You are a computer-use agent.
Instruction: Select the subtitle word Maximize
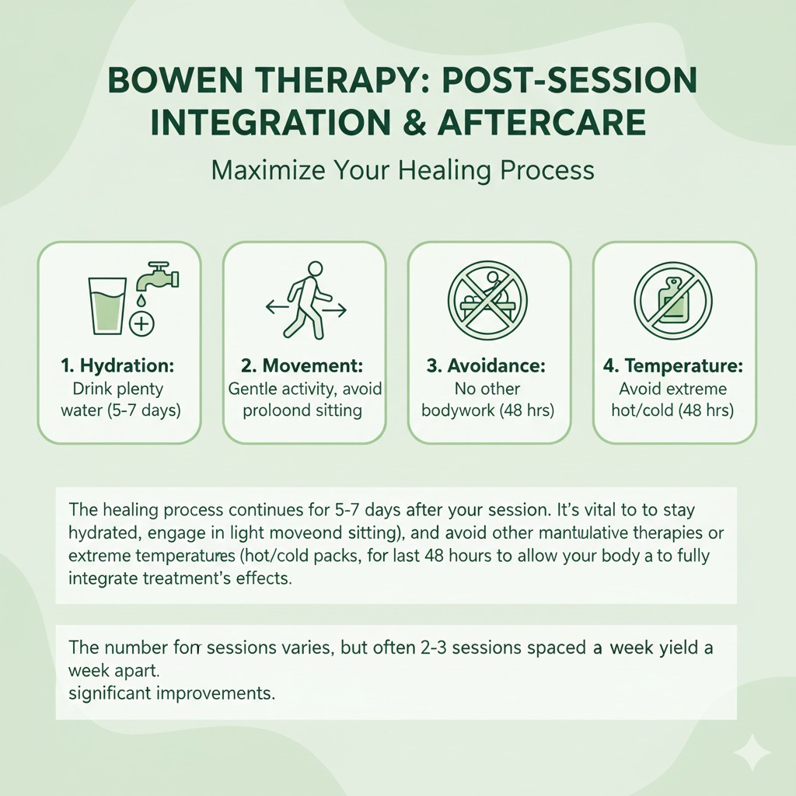pyautogui.click(x=262, y=169)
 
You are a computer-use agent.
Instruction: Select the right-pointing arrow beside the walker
pyautogui.click(x=336, y=309)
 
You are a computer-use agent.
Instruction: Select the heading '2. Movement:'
pyautogui.click(x=304, y=365)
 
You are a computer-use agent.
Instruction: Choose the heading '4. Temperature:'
pyautogui.click(x=673, y=365)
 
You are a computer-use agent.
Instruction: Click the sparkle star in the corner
pyautogui.click(x=752, y=752)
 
